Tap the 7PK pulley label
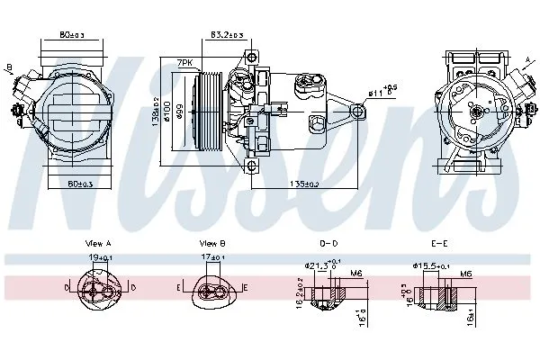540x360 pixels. pos(185,62)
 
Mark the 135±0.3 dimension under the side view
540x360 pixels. pos(302,184)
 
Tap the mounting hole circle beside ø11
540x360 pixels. pos(359,111)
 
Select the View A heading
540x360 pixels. pos(97,244)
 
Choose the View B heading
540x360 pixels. pos(212,244)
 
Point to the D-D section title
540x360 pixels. pos(329,244)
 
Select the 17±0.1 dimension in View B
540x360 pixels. pos(211,258)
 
